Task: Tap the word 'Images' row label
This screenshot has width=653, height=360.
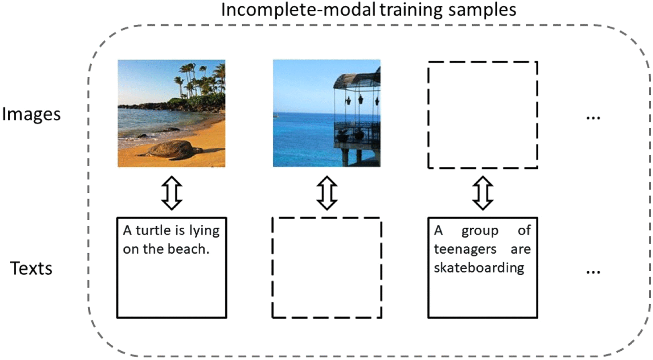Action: click(31, 114)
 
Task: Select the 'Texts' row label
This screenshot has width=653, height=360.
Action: click(31, 269)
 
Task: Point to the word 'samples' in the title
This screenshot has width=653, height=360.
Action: click(482, 10)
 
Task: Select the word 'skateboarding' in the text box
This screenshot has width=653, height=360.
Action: click(479, 268)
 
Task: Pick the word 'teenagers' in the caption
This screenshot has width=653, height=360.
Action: click(465, 249)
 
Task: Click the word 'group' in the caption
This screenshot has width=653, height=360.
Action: click(480, 231)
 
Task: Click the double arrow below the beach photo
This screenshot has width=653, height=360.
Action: click(172, 193)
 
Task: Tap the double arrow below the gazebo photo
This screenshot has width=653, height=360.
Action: click(327, 193)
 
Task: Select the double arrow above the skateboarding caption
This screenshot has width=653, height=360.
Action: click(482, 193)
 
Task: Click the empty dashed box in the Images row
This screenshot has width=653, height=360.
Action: click(482, 115)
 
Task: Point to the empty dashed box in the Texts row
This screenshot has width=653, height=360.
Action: click(327, 268)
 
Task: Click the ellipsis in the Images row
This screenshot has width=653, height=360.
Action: click(593, 118)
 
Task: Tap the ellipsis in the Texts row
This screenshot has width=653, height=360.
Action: click(593, 272)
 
